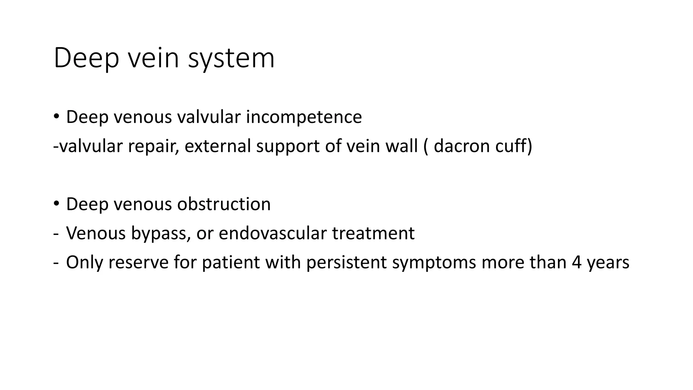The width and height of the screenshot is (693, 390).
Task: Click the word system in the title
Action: click(231, 59)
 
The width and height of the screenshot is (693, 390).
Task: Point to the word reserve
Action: click(138, 262)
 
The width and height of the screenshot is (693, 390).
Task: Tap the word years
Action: click(608, 262)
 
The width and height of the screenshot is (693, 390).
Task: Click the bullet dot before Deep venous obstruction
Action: click(56, 203)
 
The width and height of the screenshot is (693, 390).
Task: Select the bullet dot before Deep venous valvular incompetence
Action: click(56, 116)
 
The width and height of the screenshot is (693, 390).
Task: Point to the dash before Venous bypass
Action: click(55, 234)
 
